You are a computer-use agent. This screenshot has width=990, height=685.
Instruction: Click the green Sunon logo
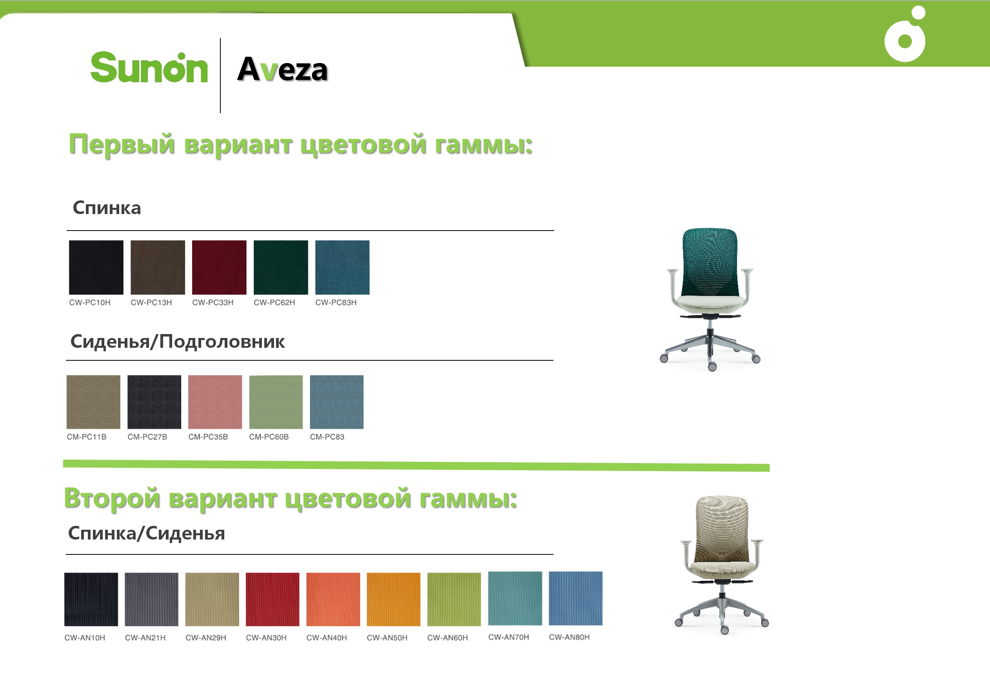[149, 67]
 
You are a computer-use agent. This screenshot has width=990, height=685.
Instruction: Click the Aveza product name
[282, 69]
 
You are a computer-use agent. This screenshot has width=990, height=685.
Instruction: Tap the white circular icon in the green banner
[905, 35]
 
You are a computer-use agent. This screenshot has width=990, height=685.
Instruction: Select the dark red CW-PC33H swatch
[219, 267]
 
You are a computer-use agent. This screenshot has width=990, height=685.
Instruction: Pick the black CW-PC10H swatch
[96, 267]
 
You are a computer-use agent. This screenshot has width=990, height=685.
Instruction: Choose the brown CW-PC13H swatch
[158, 267]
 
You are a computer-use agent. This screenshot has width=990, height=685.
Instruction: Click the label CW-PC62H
[274, 303]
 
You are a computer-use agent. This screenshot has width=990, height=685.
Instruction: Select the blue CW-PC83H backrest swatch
[342, 267]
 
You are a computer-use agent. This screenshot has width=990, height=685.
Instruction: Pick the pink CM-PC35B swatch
[215, 402]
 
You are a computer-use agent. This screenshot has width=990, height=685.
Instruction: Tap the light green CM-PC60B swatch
[276, 402]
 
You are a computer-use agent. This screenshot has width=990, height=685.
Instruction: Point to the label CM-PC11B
[86, 437]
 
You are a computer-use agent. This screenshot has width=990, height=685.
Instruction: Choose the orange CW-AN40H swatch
[333, 599]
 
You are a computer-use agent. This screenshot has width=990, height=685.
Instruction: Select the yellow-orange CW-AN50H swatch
[394, 599]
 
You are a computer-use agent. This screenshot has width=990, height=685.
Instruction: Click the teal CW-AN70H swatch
[515, 598]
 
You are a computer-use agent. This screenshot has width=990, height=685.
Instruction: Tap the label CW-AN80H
[569, 637]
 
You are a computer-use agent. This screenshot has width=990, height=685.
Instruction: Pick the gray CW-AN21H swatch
[151, 599]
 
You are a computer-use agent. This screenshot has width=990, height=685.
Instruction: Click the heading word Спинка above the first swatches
[107, 208]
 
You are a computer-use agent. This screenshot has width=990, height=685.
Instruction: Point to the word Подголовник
[222, 342]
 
